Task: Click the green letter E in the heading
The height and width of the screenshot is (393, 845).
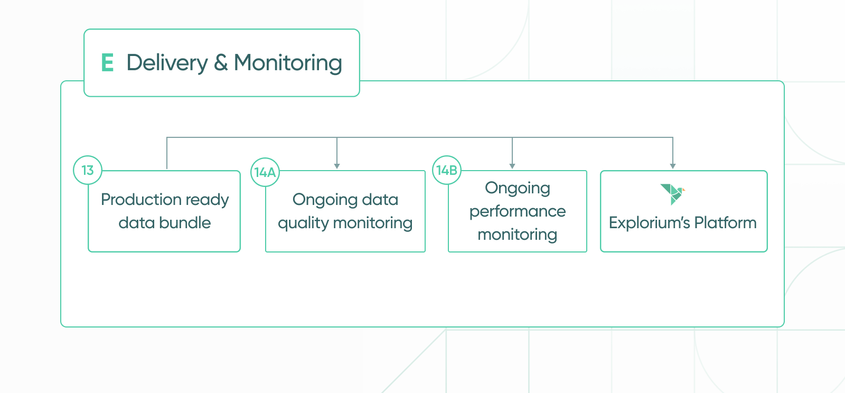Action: pos(107,62)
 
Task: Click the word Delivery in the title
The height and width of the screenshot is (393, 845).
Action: pos(167,63)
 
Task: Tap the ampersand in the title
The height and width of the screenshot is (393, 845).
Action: pos(221,62)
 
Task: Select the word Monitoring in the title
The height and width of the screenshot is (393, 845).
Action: pos(288,63)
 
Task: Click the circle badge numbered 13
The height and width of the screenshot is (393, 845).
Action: pos(88,170)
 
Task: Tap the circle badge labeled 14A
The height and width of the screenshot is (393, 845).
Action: pos(265,172)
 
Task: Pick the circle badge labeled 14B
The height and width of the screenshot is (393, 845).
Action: pos(447,170)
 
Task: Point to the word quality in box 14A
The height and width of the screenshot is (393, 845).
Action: pos(303,223)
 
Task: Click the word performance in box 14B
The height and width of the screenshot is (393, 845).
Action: pos(518,211)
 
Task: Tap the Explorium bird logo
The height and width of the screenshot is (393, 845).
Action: pos(672,193)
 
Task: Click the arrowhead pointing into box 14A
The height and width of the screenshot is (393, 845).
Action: pos(337,166)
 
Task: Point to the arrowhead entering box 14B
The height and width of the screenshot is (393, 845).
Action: pos(512,166)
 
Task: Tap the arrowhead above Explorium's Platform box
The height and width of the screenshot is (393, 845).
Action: pos(673,166)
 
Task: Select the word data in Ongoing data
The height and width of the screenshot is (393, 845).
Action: pos(380,200)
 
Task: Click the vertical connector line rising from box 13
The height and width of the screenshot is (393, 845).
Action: pos(167,153)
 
